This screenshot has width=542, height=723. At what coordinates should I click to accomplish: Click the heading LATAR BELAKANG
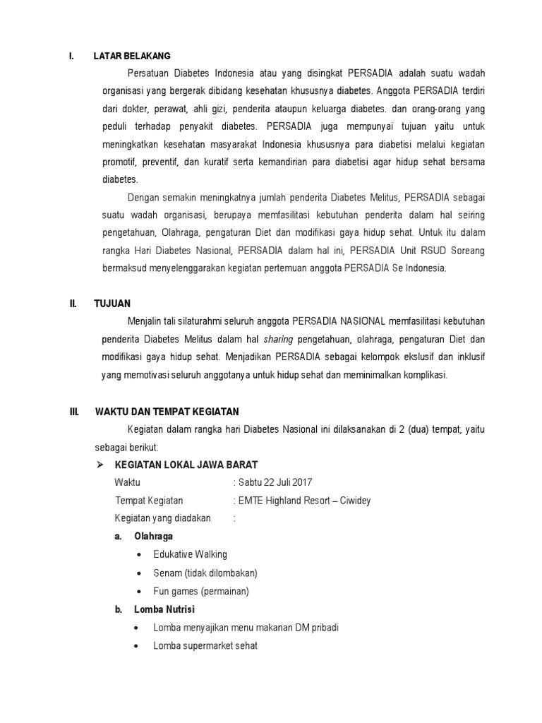point(131,56)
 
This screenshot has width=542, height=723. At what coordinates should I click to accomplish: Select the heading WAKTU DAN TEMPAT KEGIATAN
point(167,412)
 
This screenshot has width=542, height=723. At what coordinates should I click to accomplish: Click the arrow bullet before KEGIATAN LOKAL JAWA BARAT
point(100,464)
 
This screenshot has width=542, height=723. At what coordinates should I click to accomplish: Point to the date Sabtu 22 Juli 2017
point(275,482)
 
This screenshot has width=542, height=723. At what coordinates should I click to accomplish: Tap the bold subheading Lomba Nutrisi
point(164,609)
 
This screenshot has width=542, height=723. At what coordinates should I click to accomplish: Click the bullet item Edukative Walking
point(190,554)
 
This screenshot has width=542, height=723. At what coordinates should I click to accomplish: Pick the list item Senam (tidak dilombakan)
point(205,573)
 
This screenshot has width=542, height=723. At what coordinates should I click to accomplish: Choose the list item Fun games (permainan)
point(201,591)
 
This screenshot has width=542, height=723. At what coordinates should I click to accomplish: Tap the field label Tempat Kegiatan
point(148,501)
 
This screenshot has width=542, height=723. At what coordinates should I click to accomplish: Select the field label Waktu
point(128,482)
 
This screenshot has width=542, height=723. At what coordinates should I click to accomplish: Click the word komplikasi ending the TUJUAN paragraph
point(423,375)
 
